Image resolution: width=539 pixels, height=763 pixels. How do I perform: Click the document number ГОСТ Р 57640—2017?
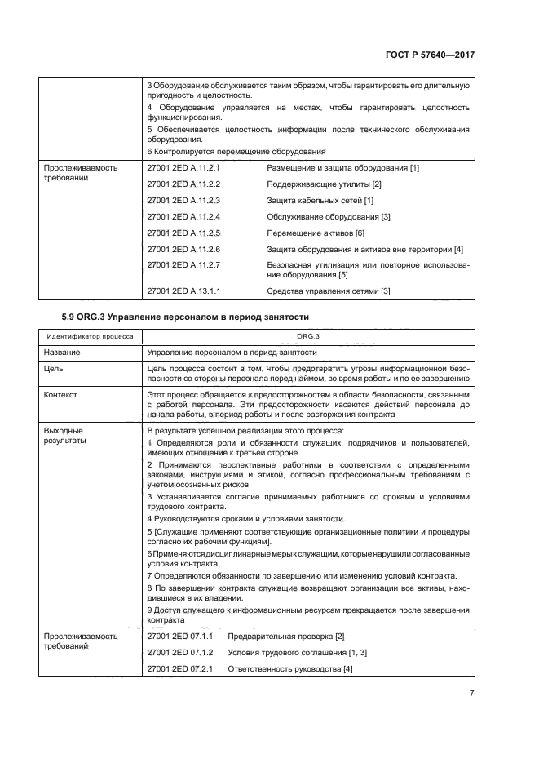tap(430, 55)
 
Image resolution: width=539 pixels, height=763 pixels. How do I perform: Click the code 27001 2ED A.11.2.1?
tap(184, 168)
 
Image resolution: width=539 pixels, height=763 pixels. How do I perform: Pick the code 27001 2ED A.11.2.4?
tap(184, 216)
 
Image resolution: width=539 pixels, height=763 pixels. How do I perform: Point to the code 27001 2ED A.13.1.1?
tap(184, 291)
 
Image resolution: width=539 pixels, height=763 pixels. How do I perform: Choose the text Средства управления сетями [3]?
tap(329, 291)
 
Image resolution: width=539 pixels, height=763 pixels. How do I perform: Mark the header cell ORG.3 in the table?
tap(307, 336)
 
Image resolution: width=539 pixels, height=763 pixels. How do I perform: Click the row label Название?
tap(62, 353)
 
